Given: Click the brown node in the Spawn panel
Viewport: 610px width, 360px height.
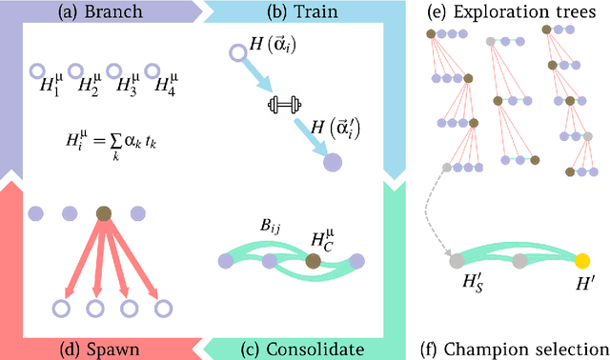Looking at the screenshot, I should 104,214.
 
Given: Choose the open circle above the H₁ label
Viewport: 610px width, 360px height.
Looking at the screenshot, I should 35,70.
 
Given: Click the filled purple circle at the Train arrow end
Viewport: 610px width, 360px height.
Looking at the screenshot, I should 333,163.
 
